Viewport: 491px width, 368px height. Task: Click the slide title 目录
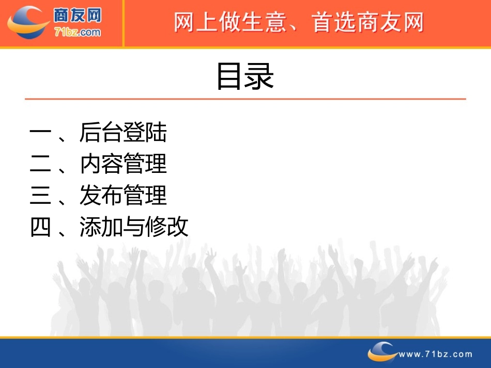point(244,77)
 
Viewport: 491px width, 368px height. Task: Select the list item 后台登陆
point(123,133)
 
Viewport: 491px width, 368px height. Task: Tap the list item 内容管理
point(123,164)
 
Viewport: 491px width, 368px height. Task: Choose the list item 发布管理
point(123,196)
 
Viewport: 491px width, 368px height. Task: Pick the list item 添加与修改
point(134,227)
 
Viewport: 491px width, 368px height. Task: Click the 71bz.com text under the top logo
point(78,33)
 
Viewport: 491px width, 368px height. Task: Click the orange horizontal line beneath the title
point(245,99)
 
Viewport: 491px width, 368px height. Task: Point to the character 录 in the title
point(259,77)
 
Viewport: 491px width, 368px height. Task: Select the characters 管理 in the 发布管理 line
point(145,196)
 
